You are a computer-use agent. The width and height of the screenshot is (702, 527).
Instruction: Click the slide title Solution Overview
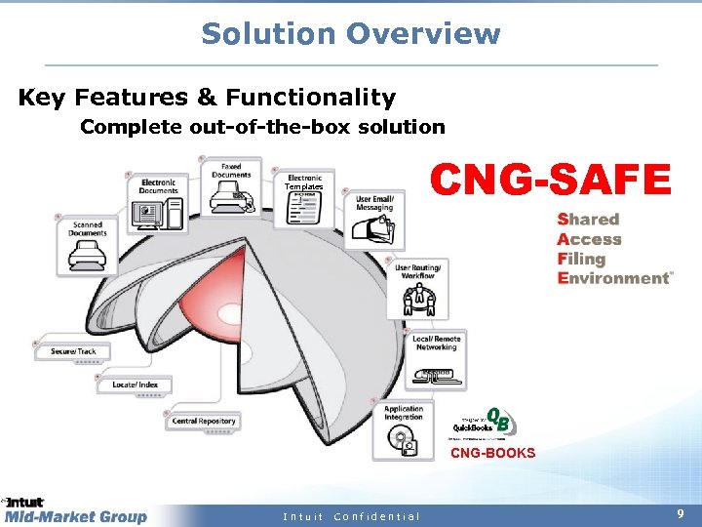coord(350,33)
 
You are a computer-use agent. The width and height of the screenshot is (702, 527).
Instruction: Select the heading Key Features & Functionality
coord(207,98)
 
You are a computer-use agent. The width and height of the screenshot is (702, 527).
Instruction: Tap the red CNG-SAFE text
coord(551,180)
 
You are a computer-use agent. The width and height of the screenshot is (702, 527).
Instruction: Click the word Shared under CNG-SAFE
coord(588,220)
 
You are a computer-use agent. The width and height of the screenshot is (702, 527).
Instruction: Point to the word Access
coord(589,239)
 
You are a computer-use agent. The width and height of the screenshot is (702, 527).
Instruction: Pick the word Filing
coord(581,259)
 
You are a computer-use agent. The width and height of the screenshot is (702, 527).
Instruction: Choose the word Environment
coord(613,278)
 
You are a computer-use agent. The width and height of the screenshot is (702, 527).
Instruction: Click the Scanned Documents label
coord(88,228)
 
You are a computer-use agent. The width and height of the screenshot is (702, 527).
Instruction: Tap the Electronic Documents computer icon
coord(158,211)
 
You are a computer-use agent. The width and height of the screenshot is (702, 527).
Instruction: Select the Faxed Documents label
coord(231,171)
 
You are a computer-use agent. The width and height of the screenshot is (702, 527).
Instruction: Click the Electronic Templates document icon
coord(303,207)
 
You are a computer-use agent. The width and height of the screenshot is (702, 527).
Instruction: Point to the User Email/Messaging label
coord(374,202)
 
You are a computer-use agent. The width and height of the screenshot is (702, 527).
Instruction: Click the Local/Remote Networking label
coord(436,343)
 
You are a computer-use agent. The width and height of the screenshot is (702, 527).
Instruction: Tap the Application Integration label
coord(404,413)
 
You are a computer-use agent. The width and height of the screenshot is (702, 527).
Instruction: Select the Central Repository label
coord(204,422)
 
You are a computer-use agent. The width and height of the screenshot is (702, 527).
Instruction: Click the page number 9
coord(680,512)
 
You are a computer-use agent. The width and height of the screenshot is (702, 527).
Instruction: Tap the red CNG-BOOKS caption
coord(492,453)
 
